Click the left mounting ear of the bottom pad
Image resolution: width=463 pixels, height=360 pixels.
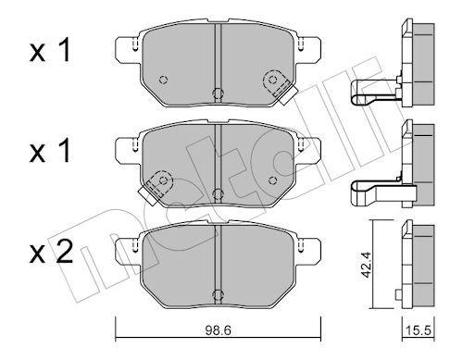pyautogui.click(x=121, y=248)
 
